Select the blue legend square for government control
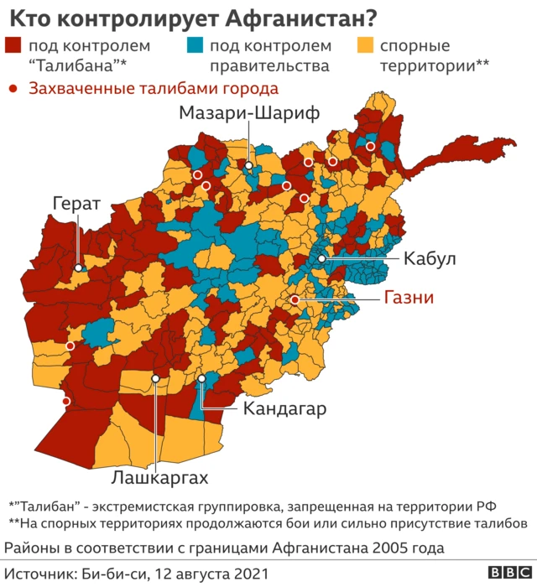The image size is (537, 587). tap(195, 46)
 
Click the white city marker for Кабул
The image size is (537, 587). tap(321, 260)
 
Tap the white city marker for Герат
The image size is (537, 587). tap(79, 268)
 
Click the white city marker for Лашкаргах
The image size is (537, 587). tap(155, 379)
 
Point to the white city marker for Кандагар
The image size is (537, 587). tap(202, 380)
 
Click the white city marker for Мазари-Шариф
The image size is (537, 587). tap(248, 166)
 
